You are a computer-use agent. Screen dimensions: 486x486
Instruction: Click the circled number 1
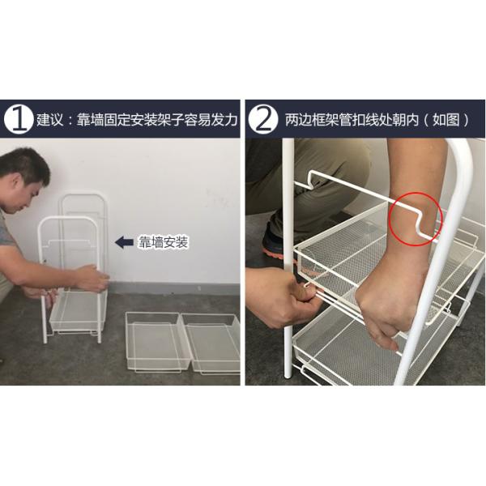pos(18,120)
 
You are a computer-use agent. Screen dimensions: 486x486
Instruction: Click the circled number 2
pos(262,120)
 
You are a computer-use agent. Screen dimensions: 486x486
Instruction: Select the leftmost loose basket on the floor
pos(154,340)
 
